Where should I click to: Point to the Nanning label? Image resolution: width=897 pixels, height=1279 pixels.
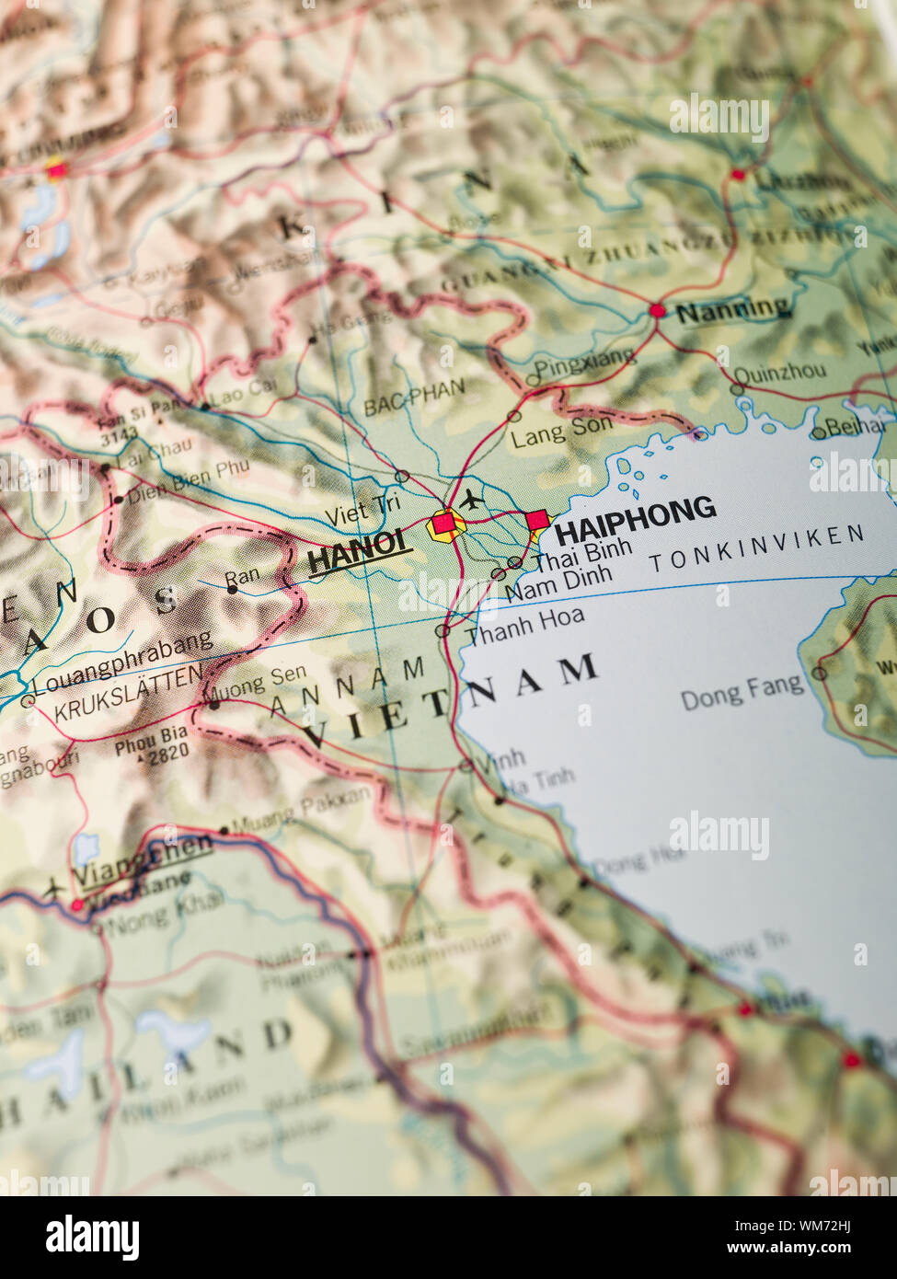click(x=732, y=310)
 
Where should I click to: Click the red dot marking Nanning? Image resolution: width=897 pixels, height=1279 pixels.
click(x=657, y=311)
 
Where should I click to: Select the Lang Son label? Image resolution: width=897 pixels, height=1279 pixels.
click(x=561, y=428)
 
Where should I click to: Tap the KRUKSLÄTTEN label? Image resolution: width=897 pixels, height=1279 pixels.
click(x=128, y=694)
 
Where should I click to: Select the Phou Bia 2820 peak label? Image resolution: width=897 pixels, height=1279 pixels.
click(x=152, y=743)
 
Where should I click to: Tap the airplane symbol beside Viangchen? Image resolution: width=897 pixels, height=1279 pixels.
click(x=52, y=889)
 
